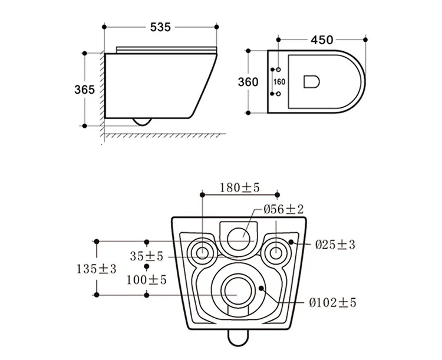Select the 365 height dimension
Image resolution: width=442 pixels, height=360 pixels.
coord(85,90)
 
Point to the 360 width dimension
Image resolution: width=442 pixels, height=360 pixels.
coord(248,82)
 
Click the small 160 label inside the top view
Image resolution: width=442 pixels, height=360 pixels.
coord(279,82)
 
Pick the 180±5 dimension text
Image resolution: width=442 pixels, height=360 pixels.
coord(239,188)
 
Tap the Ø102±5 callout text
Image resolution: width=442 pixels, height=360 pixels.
coord(333,303)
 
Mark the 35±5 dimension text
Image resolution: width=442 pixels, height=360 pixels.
coord(147,257)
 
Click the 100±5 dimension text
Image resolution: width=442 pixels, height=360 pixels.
coord(147,279)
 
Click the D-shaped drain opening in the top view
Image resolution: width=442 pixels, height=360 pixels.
coord(311,82)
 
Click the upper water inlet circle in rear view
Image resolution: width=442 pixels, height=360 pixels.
coord(239,235)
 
